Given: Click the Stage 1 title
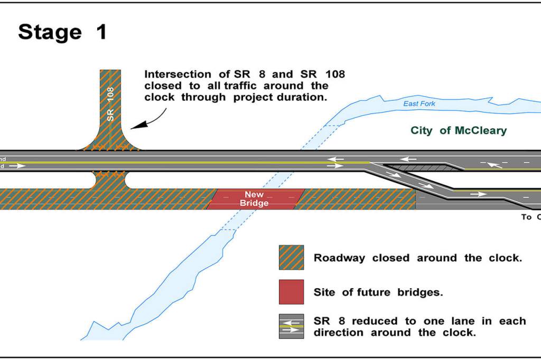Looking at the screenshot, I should [62, 32].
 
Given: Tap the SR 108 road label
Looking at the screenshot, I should [110, 103].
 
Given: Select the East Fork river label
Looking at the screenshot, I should [419, 104].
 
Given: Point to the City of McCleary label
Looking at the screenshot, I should [458, 130].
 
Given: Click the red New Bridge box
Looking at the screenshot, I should [255, 199].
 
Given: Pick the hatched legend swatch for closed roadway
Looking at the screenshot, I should [291, 258].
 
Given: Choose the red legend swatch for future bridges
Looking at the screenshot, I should [291, 292].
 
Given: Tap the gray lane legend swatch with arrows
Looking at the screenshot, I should [291, 326].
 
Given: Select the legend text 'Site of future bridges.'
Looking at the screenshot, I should [378, 292].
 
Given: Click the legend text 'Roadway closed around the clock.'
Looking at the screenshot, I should [417, 258].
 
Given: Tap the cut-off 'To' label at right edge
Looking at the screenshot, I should [527, 217].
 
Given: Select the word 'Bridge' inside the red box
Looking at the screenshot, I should [254, 203].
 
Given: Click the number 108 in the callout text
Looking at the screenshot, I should [332, 74].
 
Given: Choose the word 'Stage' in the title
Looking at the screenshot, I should [50, 32].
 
